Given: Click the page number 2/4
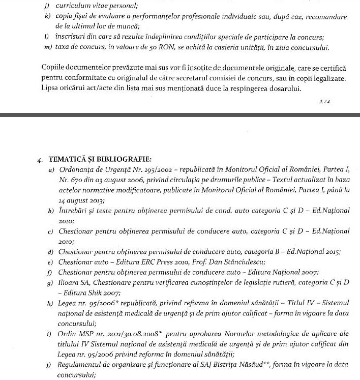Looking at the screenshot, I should point(324,101).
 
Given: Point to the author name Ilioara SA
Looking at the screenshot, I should point(73,282).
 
